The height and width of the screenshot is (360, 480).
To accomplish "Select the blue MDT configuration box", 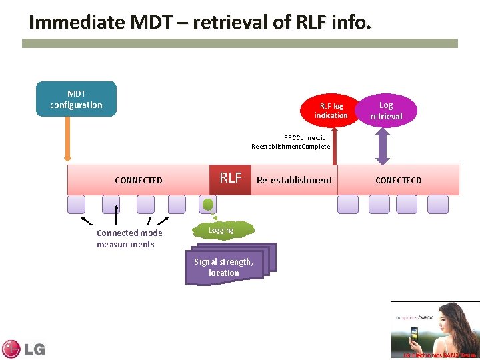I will tap(76, 99).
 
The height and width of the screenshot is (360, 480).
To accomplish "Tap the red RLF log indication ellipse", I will tap(331, 111).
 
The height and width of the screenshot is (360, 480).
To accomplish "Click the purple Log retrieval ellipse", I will tap(386, 111).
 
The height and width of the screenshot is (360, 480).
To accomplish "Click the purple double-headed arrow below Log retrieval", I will tap(382, 147).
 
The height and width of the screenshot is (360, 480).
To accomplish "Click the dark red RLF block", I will tap(231, 179).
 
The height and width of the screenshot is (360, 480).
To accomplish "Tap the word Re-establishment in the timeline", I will tap(294, 180).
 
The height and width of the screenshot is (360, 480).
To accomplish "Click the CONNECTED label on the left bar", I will tap(138, 180).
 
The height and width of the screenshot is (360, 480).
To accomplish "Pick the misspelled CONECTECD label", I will tap(398, 180).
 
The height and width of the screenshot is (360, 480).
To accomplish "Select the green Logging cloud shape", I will tap(221, 230).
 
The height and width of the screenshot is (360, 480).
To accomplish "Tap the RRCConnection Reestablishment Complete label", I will tap(291, 142).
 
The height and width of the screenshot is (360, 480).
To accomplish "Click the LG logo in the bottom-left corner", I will tap(23, 349).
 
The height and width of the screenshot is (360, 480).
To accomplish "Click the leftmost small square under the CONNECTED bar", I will tap(77, 204).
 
